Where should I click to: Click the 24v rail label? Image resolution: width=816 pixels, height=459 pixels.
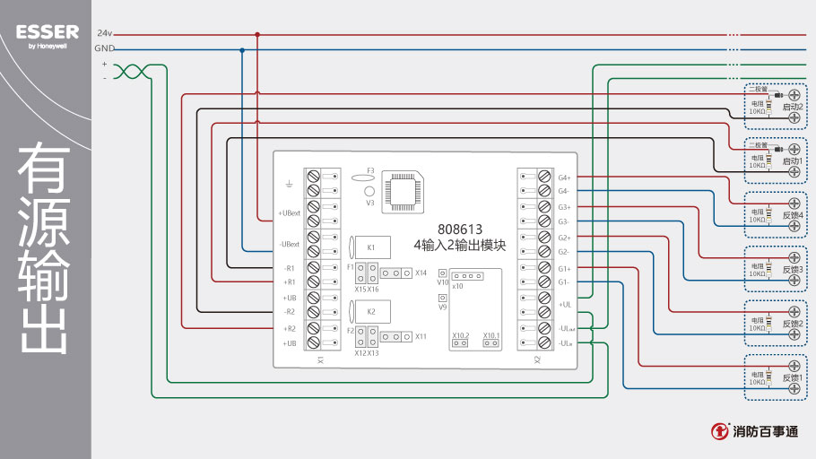tap(105, 33)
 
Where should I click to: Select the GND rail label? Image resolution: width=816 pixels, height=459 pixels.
tap(104, 48)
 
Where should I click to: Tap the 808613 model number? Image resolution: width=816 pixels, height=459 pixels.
tap(460, 228)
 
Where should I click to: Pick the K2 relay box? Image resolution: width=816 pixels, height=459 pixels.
tap(371, 310)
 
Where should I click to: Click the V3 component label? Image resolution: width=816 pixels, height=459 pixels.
tap(369, 203)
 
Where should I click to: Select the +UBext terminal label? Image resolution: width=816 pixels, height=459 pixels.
tap(288, 213)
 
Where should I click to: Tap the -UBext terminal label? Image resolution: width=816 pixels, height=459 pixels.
tap(288, 244)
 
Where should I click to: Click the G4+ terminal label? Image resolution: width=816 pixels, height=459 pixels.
tap(564, 178)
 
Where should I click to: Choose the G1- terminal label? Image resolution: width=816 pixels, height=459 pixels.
tap(564, 283)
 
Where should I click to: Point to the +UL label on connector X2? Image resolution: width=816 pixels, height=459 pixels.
tap(565, 305)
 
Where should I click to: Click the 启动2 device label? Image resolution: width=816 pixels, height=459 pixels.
tap(793, 107)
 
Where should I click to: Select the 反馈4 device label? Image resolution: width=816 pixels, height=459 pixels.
tap(793, 214)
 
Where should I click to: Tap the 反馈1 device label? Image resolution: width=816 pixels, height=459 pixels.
tap(793, 378)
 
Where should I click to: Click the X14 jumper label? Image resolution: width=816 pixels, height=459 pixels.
tap(421, 273)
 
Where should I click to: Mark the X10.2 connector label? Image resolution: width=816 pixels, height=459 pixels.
tap(460, 335)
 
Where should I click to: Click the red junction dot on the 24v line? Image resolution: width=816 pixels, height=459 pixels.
tap(257, 34)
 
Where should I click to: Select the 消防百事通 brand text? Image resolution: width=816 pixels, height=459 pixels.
tap(765, 432)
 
